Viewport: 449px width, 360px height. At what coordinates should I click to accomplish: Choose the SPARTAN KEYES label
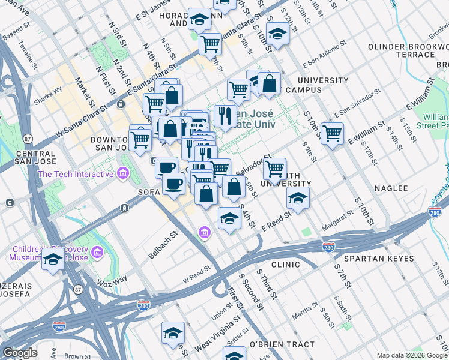383,259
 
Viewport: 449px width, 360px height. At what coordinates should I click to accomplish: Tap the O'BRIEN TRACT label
282,344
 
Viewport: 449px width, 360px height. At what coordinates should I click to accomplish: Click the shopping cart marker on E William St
332,133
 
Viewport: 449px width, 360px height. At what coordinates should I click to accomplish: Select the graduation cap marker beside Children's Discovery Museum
53,260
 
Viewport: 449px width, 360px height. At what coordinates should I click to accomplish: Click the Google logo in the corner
20,353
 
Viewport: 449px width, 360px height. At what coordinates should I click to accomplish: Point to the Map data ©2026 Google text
412,355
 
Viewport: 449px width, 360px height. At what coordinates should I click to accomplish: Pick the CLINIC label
285,265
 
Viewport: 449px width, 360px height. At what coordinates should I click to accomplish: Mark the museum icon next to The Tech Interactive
123,174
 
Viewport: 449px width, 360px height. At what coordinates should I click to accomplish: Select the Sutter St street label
238,332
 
